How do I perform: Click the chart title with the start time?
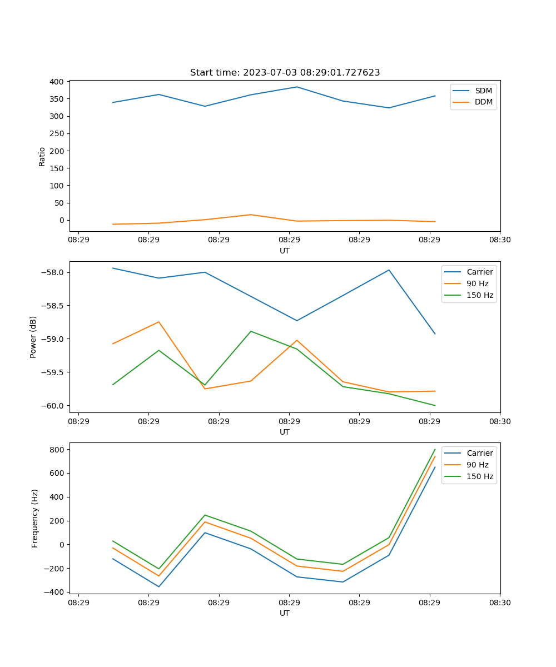(x=285, y=73)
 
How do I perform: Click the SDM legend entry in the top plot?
(x=483, y=91)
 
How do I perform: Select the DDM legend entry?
(x=484, y=102)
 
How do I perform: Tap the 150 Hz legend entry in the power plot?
(x=480, y=295)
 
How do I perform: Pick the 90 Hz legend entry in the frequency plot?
(x=478, y=465)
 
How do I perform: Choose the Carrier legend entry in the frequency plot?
(x=480, y=453)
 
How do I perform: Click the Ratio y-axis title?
(x=42, y=156)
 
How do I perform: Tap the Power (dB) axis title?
(x=33, y=337)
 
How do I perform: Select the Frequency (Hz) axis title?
(x=34, y=518)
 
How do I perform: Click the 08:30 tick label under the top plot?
(x=500, y=241)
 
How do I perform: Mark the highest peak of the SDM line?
(x=297, y=87)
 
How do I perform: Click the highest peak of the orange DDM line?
(x=251, y=215)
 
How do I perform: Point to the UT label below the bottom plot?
(x=285, y=613)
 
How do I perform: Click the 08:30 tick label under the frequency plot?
(x=500, y=603)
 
